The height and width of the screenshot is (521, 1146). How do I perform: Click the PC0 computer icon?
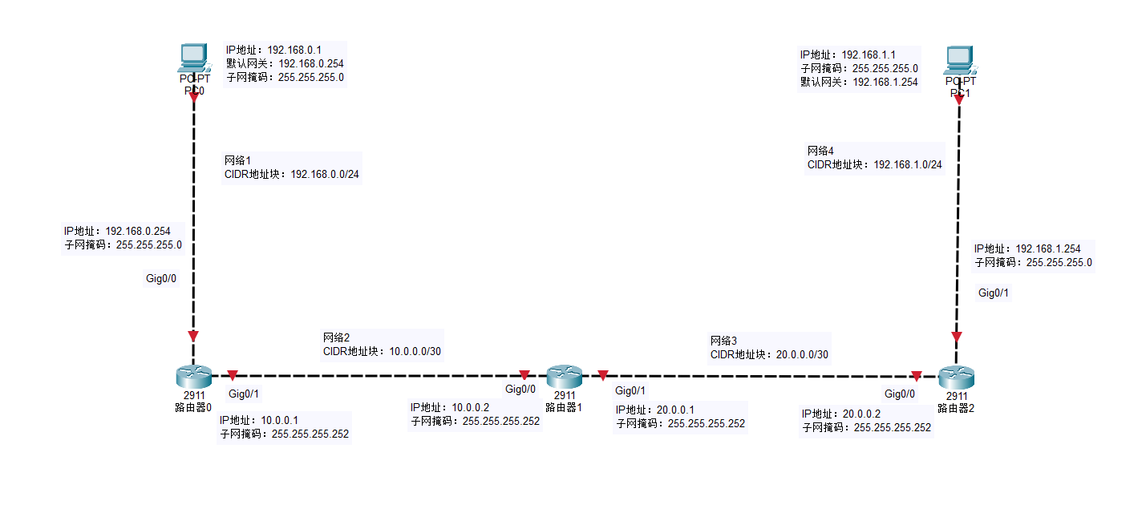(193, 58)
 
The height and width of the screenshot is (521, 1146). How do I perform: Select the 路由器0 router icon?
(193, 375)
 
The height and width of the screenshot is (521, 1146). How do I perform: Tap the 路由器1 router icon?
(564, 375)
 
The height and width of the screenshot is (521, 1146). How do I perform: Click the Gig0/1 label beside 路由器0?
(244, 394)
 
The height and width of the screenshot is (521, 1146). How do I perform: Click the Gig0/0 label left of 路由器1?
(520, 390)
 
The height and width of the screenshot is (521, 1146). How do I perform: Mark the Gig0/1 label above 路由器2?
(994, 293)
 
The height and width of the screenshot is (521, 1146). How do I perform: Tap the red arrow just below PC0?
(193, 96)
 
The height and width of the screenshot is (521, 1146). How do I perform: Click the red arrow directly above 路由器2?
(956, 337)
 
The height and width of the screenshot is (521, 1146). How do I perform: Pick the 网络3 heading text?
(723, 341)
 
